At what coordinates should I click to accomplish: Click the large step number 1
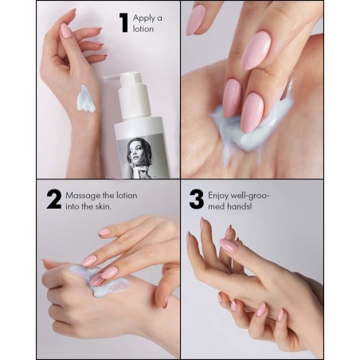[124, 23]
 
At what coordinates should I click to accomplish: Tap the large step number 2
[54, 199]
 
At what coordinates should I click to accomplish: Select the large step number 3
[197, 199]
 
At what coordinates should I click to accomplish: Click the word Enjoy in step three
[218, 196]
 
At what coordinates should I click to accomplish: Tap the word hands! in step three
[240, 206]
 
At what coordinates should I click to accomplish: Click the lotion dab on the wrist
[86, 99]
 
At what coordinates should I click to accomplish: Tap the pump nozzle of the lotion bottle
[112, 78]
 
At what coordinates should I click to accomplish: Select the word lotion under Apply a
[143, 29]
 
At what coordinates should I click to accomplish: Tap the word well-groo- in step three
[250, 196]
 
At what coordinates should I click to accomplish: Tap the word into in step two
[72, 206]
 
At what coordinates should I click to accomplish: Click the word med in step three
[217, 206]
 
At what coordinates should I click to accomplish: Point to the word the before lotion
[108, 196]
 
